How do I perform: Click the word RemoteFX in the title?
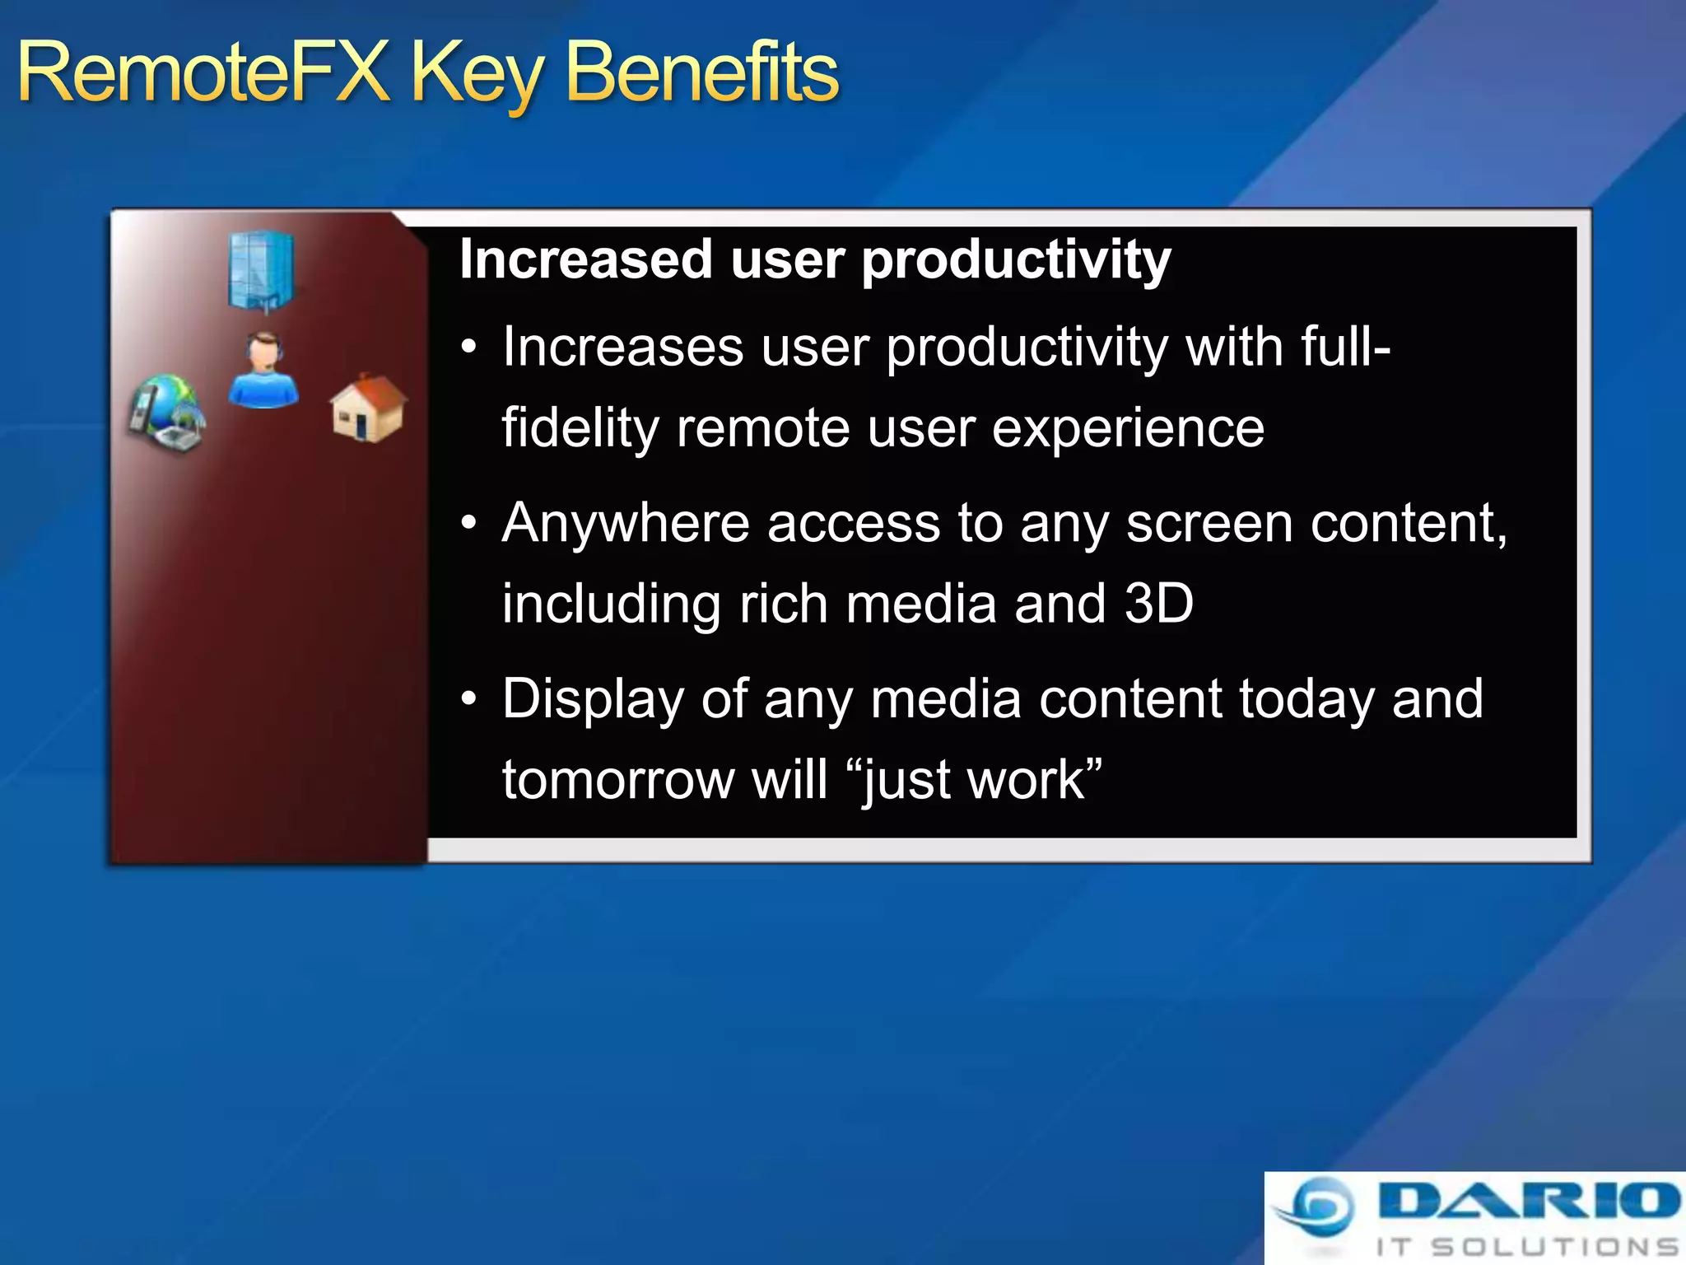pos(203,74)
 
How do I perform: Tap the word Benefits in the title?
pos(702,74)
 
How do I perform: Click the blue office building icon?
pos(261,271)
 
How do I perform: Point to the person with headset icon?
pos(263,371)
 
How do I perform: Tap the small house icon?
pos(367,408)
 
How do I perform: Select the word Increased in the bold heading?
pos(585,260)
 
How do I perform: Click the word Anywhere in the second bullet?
pos(626,524)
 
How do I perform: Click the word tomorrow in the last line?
pos(617,780)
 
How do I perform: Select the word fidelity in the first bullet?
pos(580,429)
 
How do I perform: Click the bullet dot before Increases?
pos(468,348)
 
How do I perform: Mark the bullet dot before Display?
pos(468,699)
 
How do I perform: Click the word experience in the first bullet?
pos(1128,429)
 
